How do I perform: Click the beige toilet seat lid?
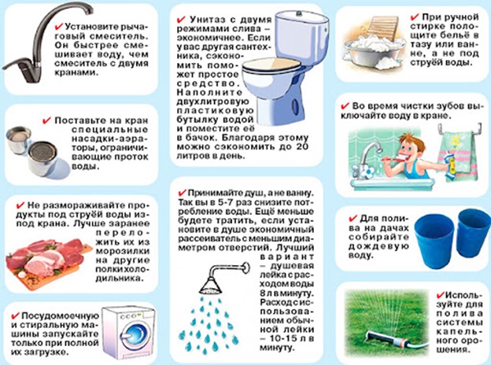pyautogui.click(x=270, y=65)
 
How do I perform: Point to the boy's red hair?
pyautogui.click(x=413, y=140)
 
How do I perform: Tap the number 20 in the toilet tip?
pyautogui.click(x=301, y=146)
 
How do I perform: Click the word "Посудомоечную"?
pyautogui.click(x=60, y=316)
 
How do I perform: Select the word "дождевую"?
pyautogui.click(x=378, y=246)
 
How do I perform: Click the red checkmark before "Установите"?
pyautogui.click(x=59, y=25)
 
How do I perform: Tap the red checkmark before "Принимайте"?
pyautogui.click(x=182, y=192)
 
